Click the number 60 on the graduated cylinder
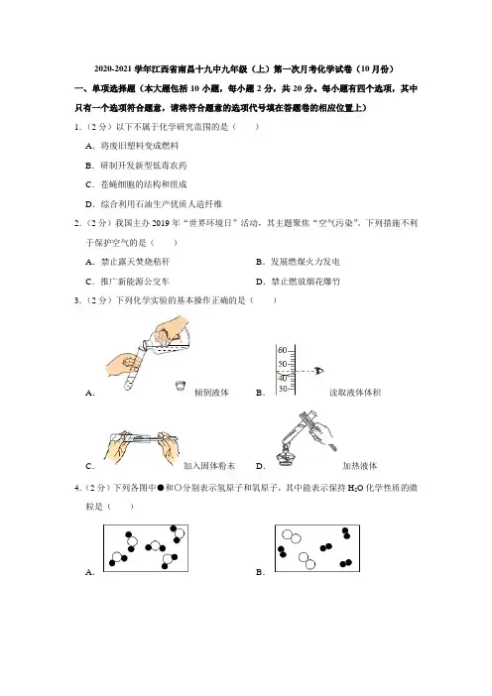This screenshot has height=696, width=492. click(x=283, y=350)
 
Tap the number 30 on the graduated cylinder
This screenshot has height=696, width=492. click(x=283, y=389)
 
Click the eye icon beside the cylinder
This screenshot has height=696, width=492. click(x=319, y=371)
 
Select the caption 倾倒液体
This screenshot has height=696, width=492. click(x=211, y=393)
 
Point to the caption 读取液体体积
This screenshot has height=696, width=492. click(x=355, y=393)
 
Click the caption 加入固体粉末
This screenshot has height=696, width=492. click(x=209, y=466)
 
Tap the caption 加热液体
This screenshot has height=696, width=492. click(x=360, y=466)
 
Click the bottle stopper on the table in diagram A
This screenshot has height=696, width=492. click(x=180, y=386)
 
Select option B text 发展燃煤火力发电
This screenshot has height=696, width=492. click(x=306, y=262)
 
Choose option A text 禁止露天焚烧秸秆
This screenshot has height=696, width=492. click(x=136, y=262)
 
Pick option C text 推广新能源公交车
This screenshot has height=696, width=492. click(x=135, y=282)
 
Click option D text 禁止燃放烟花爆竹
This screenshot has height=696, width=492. click(x=306, y=282)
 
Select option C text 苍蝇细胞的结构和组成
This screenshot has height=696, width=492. click(x=144, y=184)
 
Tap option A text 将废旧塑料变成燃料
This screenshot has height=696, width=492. click(x=140, y=146)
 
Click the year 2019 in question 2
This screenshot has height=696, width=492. click(x=161, y=223)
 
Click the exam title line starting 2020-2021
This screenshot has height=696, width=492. click(x=244, y=68)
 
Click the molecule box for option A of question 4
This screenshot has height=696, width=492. click(x=146, y=547)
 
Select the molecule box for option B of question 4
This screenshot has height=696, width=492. click(x=317, y=547)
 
